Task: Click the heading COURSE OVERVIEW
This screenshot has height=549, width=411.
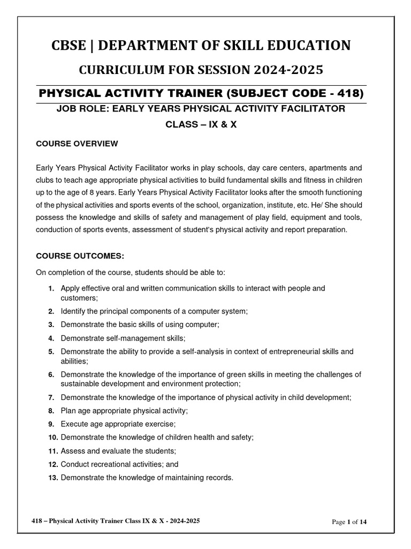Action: pos(77,144)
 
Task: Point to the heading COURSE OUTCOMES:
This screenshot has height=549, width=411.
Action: pos(80,255)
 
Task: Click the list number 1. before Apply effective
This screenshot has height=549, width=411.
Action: pos(51,288)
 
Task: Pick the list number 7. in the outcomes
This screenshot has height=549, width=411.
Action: pos(51,398)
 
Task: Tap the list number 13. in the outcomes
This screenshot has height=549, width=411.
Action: pos(52,477)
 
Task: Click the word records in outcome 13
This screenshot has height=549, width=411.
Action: pos(219,477)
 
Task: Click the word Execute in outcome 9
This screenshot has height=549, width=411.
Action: pos(74,424)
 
